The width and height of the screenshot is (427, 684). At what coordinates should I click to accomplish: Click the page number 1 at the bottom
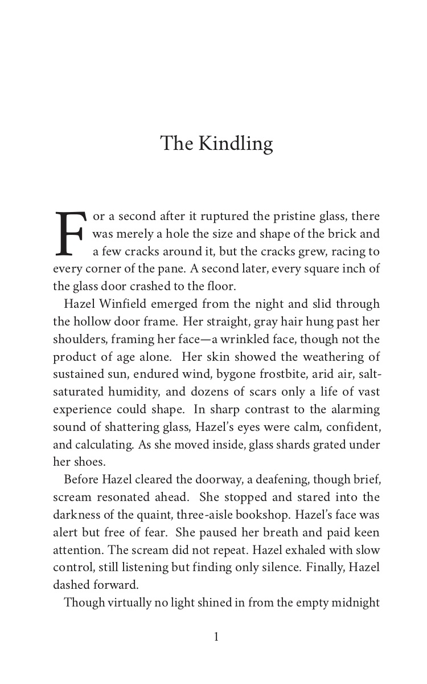pos(216,637)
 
